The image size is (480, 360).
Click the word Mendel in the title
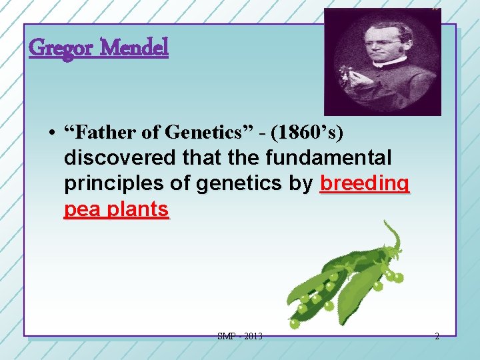[136, 48]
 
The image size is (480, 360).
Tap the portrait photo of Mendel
[382, 61]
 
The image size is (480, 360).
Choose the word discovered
[117, 159]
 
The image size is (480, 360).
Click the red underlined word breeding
[365, 184]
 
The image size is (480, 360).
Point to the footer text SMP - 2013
[240, 337]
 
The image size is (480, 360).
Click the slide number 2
[437, 337]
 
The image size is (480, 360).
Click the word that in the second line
[195, 159]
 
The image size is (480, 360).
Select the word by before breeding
[303, 184]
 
